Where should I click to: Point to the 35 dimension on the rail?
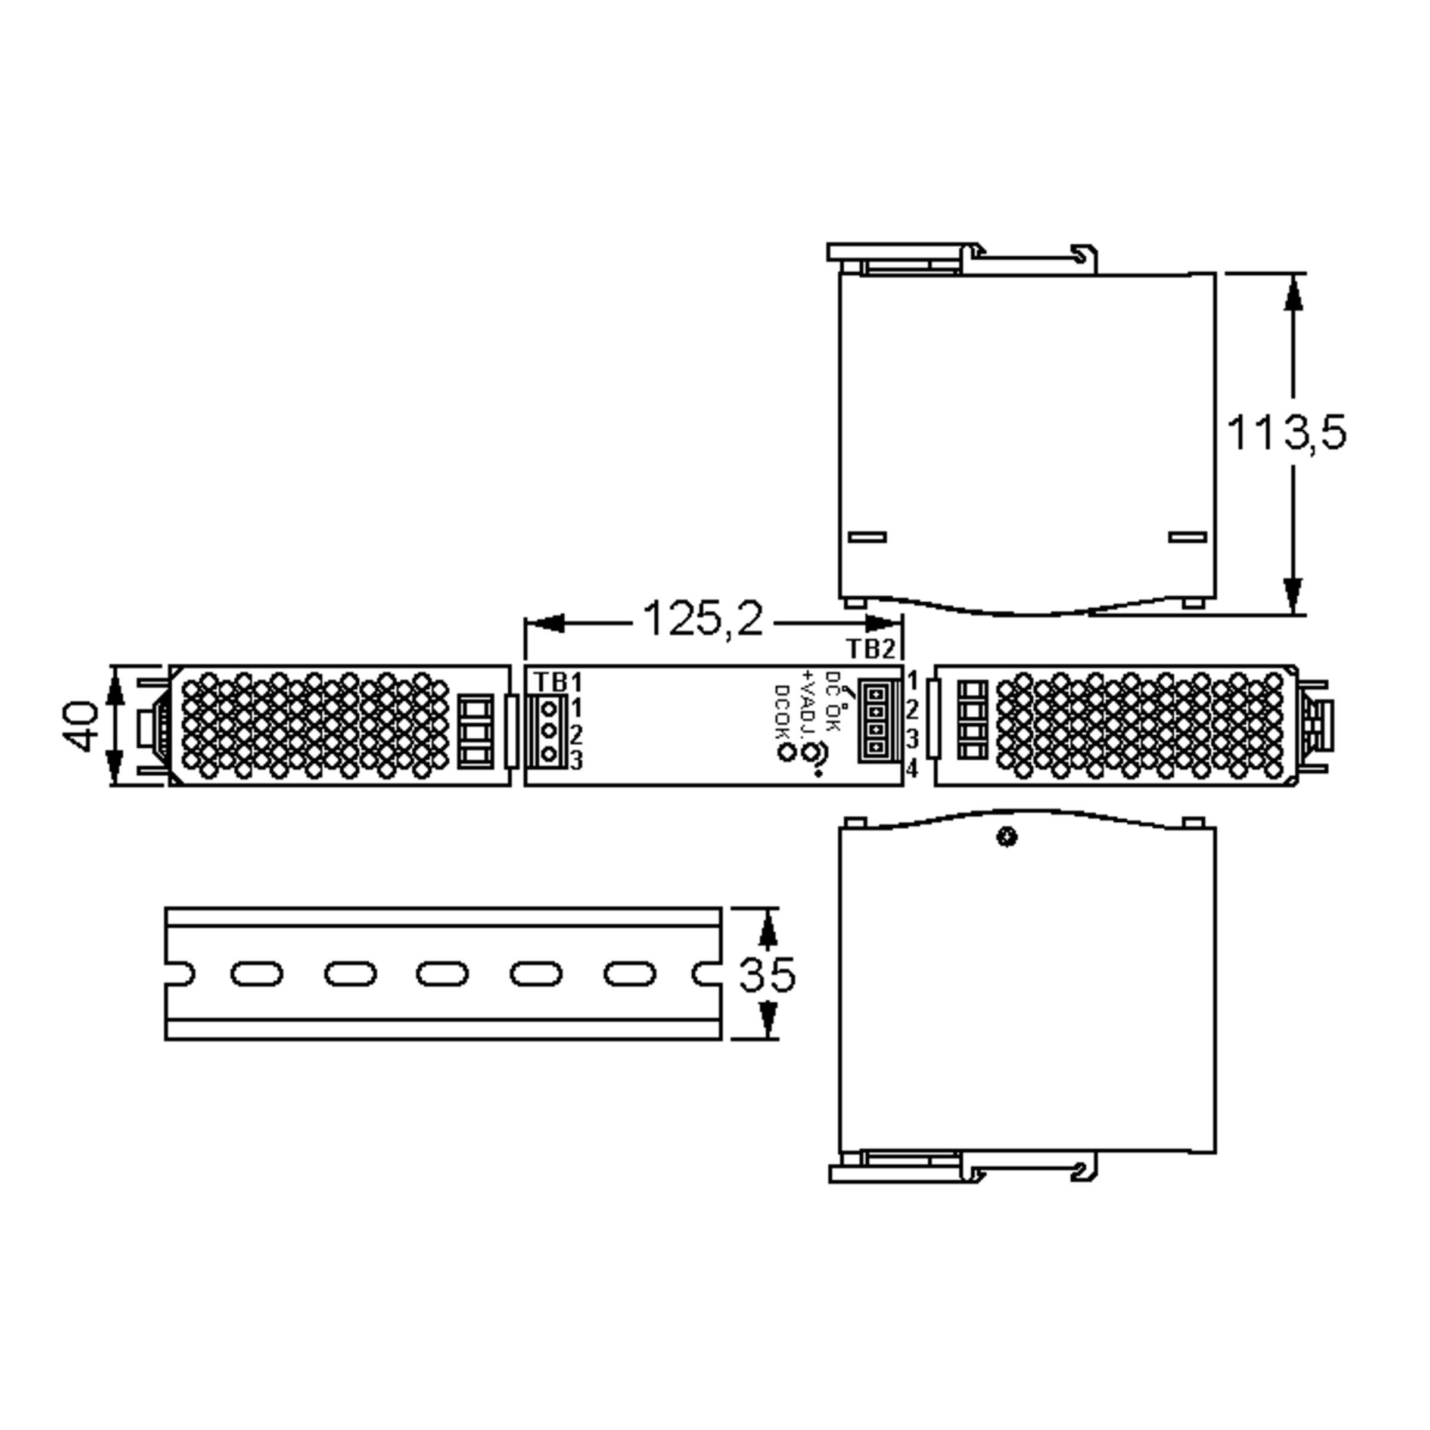pos(767,974)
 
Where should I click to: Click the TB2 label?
pos(871,649)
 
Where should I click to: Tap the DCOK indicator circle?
pos(785,753)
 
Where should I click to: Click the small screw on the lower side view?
pos(1006,838)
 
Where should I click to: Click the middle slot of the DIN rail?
pos(442,974)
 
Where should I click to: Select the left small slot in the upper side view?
pos(867,537)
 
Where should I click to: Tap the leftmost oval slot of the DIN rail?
pos(256,974)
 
